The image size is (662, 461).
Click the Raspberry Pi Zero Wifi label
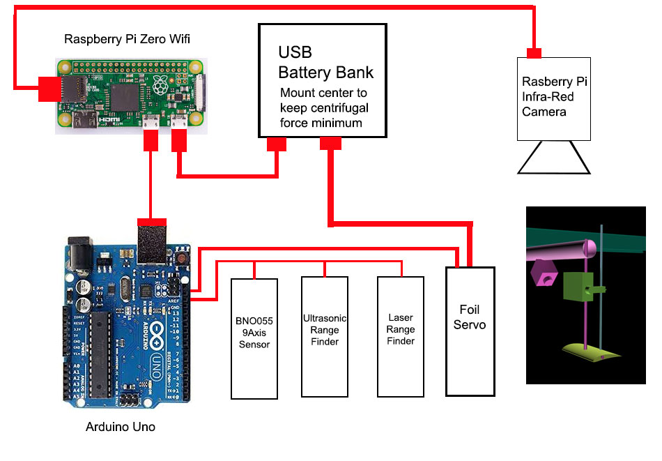point(127,39)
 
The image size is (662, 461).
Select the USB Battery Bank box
point(322,80)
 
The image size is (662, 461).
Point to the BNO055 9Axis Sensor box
point(254,338)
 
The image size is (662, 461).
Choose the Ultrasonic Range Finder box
point(325,335)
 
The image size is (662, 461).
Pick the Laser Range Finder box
point(401,335)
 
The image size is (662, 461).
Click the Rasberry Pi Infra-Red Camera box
point(554,98)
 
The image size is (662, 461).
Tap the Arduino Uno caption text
point(121,426)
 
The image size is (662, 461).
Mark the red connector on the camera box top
point(534,53)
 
